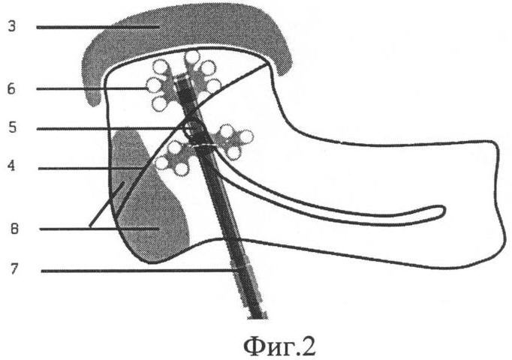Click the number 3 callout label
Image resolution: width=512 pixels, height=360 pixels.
pos(12,26)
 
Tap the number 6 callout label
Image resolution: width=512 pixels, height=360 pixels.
pos(11,88)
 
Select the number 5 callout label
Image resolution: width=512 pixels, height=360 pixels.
pos(12,127)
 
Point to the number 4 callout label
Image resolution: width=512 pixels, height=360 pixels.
pos(12,166)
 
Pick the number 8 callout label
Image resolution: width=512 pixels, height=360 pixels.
pos(14,229)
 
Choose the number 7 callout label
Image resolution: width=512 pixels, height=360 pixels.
pos(14,270)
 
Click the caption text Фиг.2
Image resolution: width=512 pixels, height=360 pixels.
pos(279,346)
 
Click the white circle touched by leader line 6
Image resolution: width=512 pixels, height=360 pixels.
pos(154,85)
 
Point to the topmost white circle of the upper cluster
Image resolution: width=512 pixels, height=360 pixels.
pos(192,56)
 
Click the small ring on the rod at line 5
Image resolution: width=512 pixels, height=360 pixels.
pos(193,127)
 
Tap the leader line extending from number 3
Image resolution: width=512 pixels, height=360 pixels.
pos(98,28)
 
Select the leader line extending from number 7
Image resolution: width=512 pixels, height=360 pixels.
pos(140,271)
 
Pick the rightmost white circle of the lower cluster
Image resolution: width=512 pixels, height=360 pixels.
pos(246,137)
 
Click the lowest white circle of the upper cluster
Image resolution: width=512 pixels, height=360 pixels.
pos(160,103)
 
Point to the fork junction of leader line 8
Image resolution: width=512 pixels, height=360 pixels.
pos(92,227)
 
